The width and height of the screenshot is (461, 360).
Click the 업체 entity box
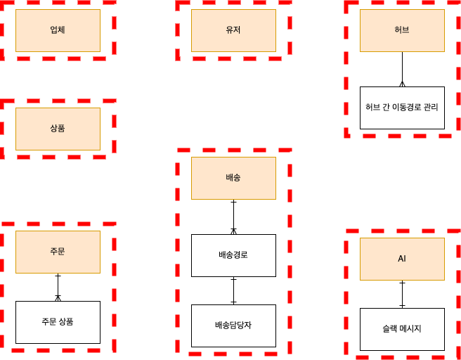coord(58,30)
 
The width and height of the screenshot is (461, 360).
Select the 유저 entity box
coord(233,30)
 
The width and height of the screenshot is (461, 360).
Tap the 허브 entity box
coord(402,30)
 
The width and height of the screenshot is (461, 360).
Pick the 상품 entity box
coord(58,129)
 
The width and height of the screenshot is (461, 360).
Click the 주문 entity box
coord(58,252)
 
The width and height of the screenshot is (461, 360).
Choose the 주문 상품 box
coord(58,322)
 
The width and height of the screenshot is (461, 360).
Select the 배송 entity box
coord(233,178)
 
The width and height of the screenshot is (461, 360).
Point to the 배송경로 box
coord(233,255)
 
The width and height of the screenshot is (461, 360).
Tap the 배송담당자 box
coord(233,326)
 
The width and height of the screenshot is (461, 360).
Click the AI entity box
coord(402,259)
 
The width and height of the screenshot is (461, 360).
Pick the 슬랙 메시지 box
coord(402,329)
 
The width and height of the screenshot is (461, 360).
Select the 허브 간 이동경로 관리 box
coord(402,108)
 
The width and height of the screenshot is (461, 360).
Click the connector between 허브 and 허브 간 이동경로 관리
coord(402,69)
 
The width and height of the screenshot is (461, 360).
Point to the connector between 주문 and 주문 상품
coord(58,287)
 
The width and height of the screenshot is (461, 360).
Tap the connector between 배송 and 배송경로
coord(234,217)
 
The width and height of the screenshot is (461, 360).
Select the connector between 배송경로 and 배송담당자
coord(234,290)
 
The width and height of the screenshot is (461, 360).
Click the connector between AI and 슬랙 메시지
coord(402,294)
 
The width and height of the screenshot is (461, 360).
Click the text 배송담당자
coord(233,326)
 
